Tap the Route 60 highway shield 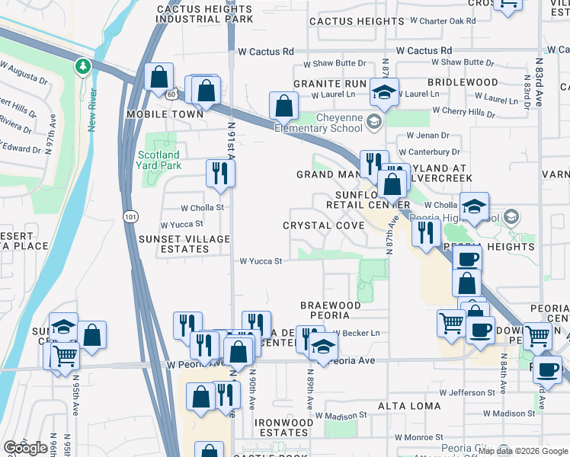(x=173, y=92)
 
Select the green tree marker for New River (x=82, y=67)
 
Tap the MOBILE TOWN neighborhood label (x=165, y=113)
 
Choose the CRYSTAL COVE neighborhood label (x=323, y=225)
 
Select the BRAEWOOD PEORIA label (x=329, y=309)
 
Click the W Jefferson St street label (x=472, y=392)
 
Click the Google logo (x=26, y=448)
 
